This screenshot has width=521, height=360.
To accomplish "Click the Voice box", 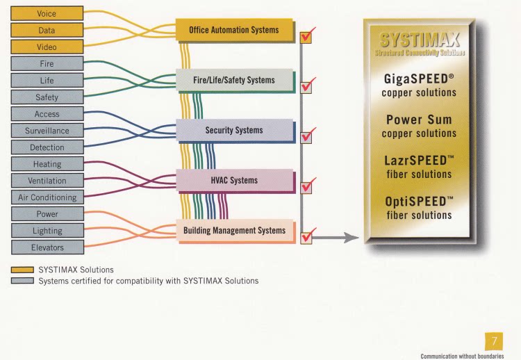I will point(47,13).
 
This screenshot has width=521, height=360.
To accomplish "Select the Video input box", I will point(47,47).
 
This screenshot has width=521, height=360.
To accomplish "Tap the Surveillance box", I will point(47,130).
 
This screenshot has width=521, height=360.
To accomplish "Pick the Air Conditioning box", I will point(47,197).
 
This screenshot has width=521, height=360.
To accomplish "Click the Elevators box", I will point(47,247).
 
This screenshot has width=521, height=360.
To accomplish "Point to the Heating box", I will point(47,164).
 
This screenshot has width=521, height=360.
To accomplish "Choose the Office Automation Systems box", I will point(233,30).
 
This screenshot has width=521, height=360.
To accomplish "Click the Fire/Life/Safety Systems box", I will point(233,80).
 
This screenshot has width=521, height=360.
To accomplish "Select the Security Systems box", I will point(233,130).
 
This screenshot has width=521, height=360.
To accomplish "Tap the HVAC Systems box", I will point(233,180).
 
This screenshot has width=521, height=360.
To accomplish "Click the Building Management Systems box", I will point(233,230).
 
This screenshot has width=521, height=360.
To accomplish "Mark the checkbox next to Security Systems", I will point(306,136).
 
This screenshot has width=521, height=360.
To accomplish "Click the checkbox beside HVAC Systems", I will point(306,187).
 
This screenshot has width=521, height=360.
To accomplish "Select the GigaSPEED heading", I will point(419,79).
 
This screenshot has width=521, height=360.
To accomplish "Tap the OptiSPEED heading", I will point(419,202).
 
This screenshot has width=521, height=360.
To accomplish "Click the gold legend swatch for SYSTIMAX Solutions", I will point(23,270).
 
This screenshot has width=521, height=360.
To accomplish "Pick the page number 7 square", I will point(494,341).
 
